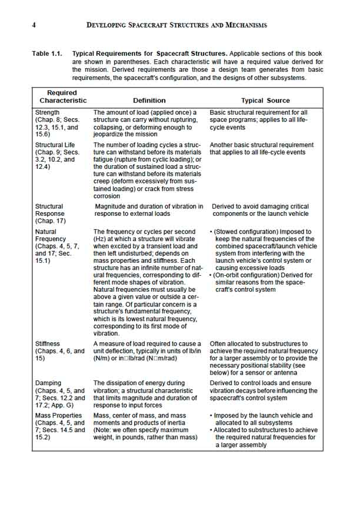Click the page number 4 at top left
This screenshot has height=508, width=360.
click(34, 25)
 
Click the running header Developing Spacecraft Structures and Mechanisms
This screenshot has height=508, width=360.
click(176, 25)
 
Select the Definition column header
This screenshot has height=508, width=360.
click(149, 101)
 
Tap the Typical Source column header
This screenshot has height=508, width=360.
click(265, 101)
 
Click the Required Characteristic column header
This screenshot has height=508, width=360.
click(62, 96)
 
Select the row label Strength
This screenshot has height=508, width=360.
click(48, 112)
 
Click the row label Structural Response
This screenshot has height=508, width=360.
click(50, 210)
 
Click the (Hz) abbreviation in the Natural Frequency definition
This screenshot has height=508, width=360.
click(100, 240)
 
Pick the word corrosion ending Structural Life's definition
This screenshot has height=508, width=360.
click(106, 196)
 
